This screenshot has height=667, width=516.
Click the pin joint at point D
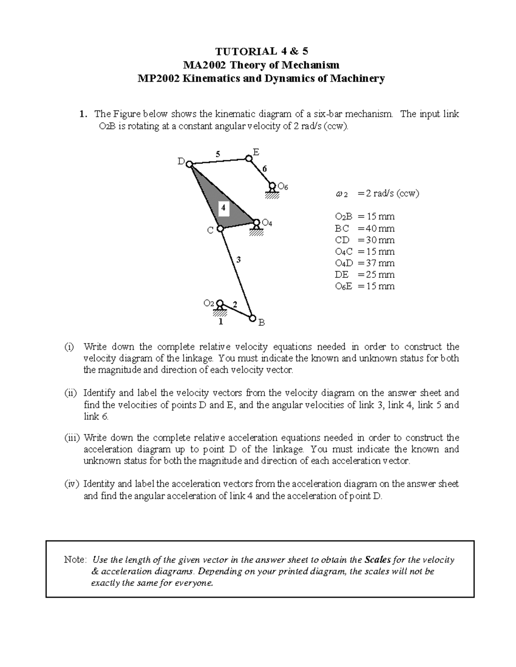(189, 164)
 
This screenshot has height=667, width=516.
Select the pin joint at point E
(249, 158)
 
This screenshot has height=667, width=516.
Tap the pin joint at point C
(220, 229)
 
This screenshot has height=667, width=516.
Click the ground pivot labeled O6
(272, 186)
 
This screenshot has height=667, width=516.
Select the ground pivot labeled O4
(256, 222)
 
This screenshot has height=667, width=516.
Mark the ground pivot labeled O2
(220, 303)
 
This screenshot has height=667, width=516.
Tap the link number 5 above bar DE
(218, 154)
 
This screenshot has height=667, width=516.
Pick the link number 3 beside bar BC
(238, 259)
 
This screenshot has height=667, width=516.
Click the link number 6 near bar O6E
(264, 169)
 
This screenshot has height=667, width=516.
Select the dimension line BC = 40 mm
(364, 228)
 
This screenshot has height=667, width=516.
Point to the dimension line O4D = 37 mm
(364, 263)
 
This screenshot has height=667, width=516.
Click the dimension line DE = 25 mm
(364, 275)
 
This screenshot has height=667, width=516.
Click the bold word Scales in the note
(378, 560)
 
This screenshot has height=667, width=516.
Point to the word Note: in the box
(76, 560)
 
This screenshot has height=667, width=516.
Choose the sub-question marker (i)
(69, 347)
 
